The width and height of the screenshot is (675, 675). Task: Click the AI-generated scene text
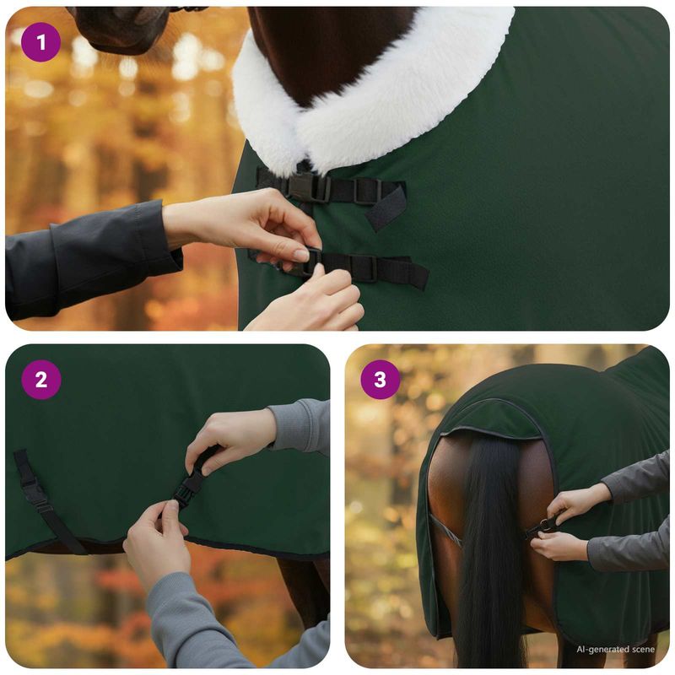coord(615,649)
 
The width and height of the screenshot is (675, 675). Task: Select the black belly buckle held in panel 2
coord(191,486)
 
